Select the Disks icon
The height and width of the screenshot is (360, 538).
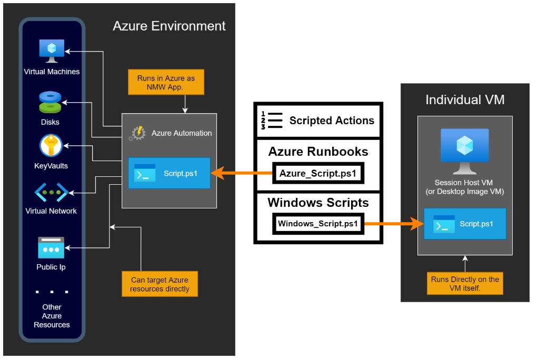[x=50, y=102]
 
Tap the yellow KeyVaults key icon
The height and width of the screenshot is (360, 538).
[x=51, y=146]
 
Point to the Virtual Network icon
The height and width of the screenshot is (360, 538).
[x=51, y=193]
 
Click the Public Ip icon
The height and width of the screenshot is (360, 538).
[x=51, y=247]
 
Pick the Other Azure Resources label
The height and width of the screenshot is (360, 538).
[x=52, y=316]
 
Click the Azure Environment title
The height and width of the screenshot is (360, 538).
[x=169, y=26]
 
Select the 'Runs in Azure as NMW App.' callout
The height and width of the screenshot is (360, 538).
[x=166, y=83]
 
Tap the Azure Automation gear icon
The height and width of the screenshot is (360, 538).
[x=137, y=133]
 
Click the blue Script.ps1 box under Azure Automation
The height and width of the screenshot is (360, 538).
[x=169, y=173]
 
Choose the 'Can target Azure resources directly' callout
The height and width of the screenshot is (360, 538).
[x=160, y=284]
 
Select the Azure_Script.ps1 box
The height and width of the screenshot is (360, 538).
[x=318, y=173]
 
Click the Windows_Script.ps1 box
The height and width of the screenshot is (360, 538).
[x=318, y=224]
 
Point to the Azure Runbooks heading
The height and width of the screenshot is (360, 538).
[x=318, y=152]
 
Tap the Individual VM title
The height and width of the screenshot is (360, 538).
[x=464, y=99]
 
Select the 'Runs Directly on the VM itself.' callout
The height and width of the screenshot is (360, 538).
[x=465, y=284]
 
